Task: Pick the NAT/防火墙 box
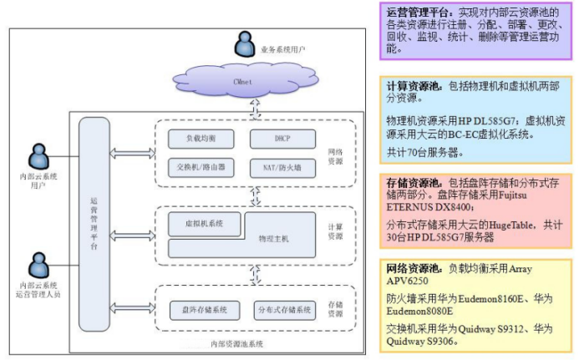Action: (x=282, y=167)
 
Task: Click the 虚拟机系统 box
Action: (x=202, y=223)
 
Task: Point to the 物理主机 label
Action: (x=274, y=239)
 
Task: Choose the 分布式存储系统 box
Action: (x=283, y=310)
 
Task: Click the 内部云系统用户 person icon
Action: (x=38, y=156)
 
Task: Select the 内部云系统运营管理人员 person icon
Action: (x=38, y=266)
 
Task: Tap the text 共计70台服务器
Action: (x=425, y=153)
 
